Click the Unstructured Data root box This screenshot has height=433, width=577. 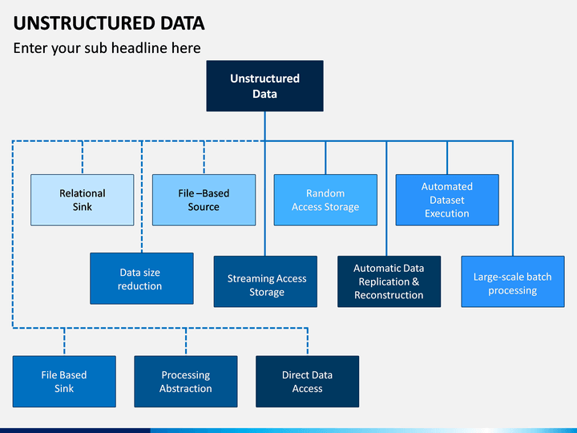[x=265, y=86]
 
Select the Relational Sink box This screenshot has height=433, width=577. [x=82, y=200]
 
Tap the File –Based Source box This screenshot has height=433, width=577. [x=204, y=200]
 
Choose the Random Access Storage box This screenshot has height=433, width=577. [x=325, y=200]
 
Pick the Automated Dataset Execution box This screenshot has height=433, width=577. [x=447, y=200]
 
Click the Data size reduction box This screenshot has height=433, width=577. [x=142, y=278]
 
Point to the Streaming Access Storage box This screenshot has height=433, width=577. [x=265, y=281]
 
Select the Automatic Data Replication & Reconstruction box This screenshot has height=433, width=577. [x=389, y=281]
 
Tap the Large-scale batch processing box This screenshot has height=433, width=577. [x=513, y=281]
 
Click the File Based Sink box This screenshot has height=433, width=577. [x=64, y=382]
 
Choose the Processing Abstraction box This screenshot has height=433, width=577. [x=186, y=382]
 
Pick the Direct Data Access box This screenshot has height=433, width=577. [x=307, y=382]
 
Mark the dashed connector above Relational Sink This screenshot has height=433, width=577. [x=83, y=157]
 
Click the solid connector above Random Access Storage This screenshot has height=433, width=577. [x=325, y=157]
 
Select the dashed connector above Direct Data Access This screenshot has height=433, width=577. [x=308, y=342]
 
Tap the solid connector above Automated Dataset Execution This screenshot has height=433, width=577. [x=447, y=157]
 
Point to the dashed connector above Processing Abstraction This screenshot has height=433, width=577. [x=186, y=342]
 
